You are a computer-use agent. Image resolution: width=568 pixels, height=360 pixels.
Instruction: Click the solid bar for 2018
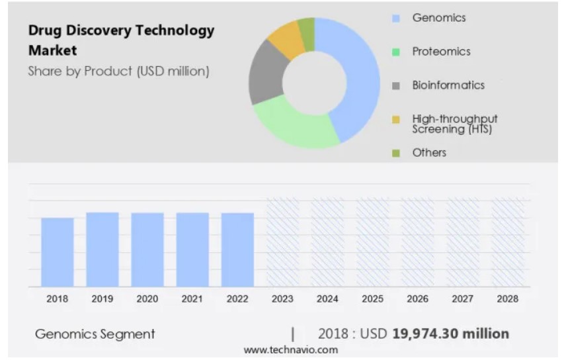[x=58, y=252]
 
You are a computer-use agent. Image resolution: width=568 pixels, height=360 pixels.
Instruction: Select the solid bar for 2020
[x=147, y=249]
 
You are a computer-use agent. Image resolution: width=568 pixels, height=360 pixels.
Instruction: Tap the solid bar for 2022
[x=237, y=249]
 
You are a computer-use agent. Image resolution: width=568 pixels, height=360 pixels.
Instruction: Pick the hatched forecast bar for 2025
[x=372, y=242]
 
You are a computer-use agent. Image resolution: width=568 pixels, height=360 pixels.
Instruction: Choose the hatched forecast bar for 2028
[x=507, y=242]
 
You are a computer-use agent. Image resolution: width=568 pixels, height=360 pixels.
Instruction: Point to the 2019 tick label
[x=102, y=299]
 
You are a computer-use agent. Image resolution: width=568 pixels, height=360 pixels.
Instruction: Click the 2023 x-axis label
[x=282, y=299]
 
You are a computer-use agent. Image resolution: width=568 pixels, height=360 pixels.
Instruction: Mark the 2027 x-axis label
[x=462, y=299]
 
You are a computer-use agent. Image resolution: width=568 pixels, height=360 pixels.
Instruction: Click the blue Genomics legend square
[x=396, y=19]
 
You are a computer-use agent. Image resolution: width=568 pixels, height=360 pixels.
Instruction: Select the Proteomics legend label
[x=441, y=52]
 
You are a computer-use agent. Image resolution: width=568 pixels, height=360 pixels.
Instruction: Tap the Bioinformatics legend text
[x=448, y=85]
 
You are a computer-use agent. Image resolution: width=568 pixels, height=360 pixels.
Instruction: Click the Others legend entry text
[x=429, y=153]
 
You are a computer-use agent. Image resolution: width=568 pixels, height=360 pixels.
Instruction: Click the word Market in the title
[x=52, y=50]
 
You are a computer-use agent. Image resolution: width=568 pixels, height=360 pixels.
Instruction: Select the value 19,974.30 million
[x=450, y=334]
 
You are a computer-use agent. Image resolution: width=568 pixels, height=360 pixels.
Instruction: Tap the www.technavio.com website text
[x=290, y=350]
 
